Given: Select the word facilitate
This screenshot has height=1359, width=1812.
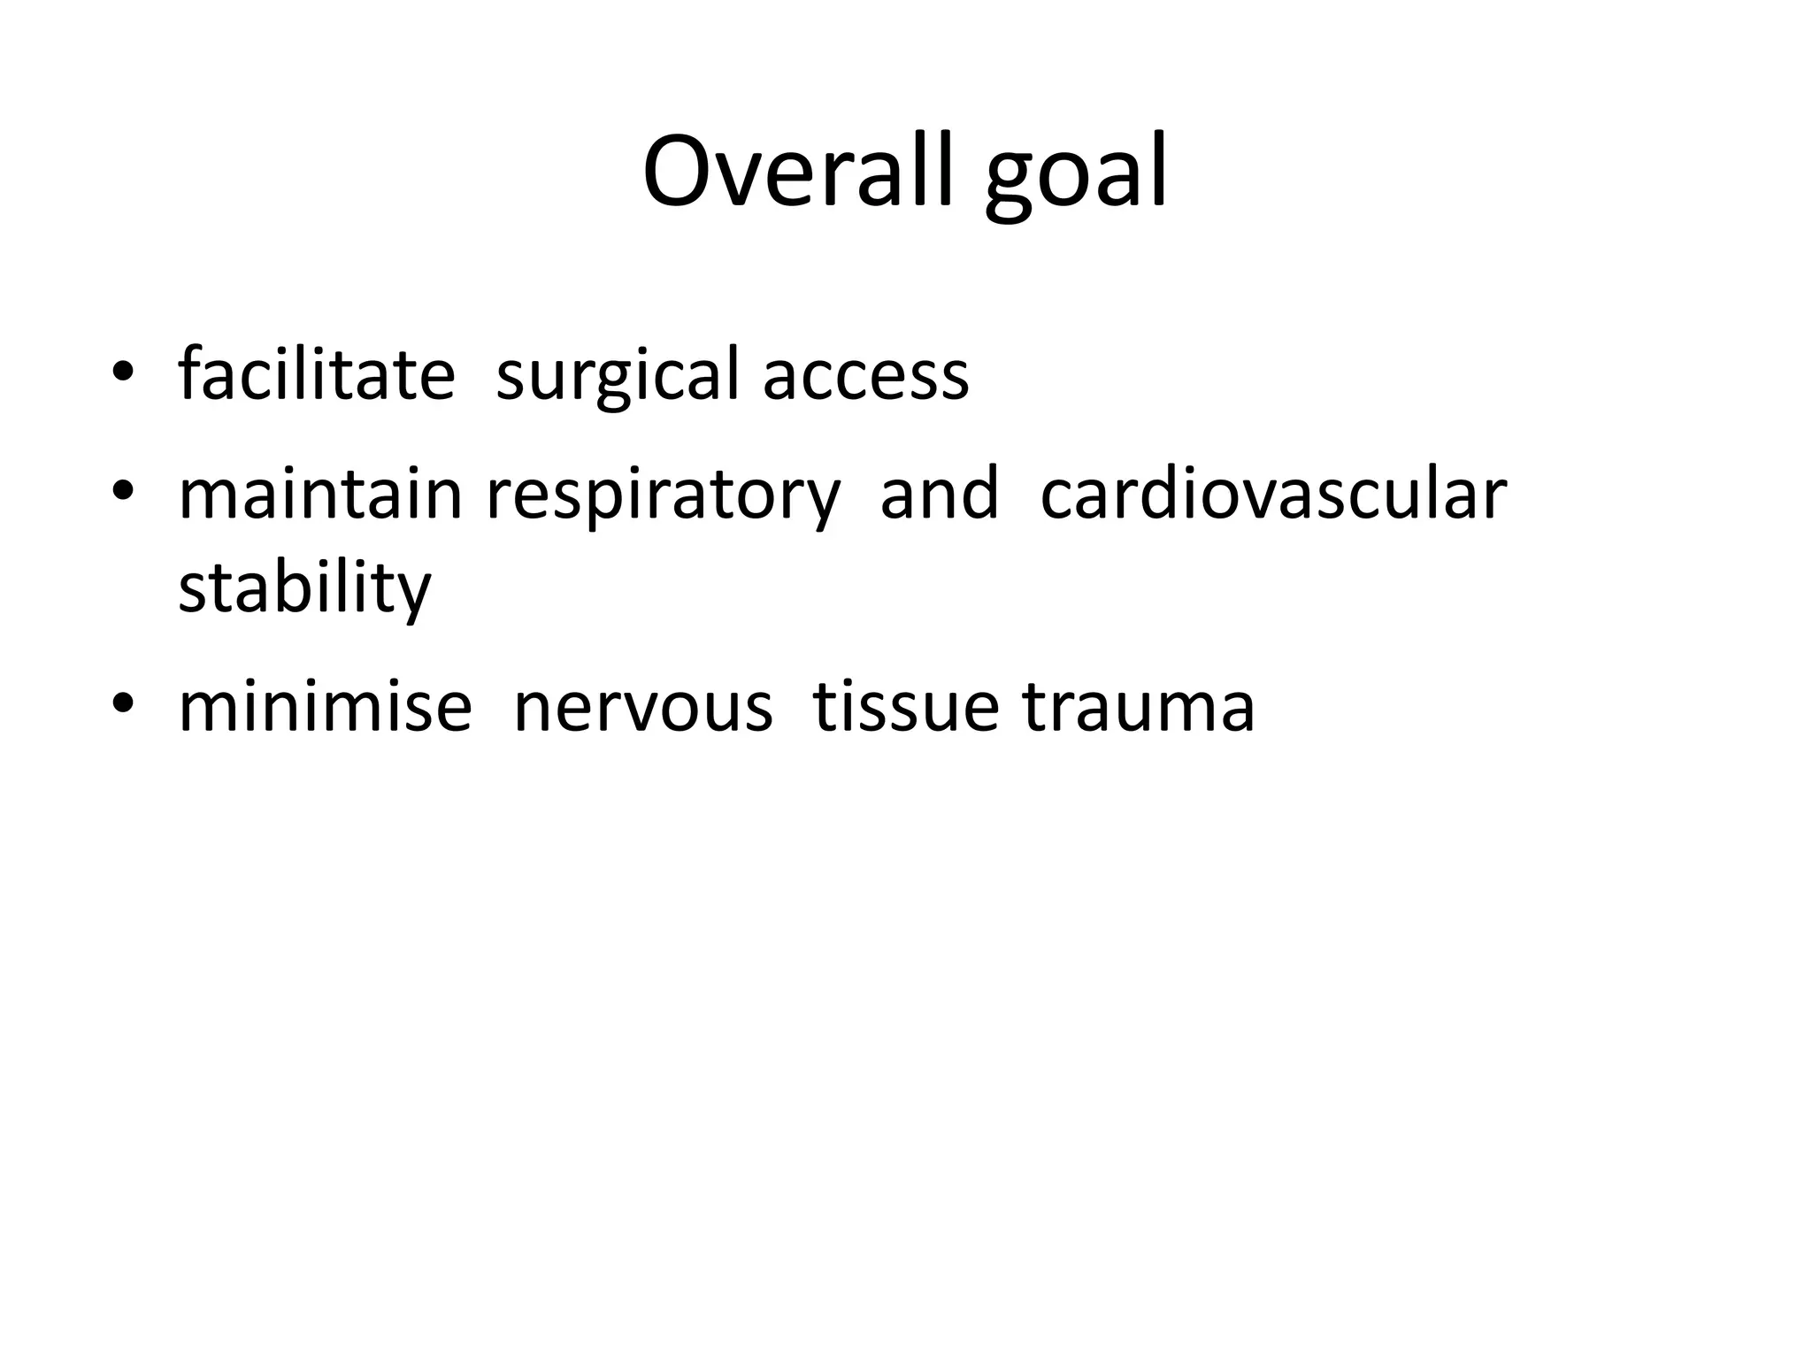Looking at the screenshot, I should point(317,374).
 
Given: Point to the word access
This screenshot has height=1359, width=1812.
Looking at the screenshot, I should point(865,374).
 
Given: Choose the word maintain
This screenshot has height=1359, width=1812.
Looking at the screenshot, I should point(320,495).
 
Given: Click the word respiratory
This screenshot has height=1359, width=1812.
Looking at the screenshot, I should point(664,495).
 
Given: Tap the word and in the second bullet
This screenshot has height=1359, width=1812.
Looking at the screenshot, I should point(940,495).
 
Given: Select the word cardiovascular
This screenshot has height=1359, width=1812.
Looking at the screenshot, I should point(1273,495).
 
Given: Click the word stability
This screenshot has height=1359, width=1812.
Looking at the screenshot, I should point(304,587).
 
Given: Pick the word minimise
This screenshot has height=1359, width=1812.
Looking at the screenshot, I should point(325,707).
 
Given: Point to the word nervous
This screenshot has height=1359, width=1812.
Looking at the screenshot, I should point(643,707).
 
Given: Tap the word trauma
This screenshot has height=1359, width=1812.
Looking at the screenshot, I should point(1139,707).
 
